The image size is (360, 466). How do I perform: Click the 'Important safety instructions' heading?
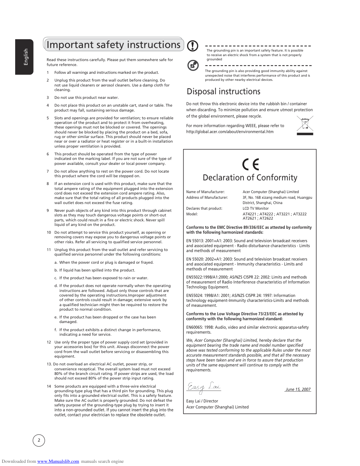point(113,45)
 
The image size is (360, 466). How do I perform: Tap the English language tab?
point(25,57)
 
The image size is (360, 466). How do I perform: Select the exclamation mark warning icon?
point(192,46)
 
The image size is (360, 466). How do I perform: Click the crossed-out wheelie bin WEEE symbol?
point(305,126)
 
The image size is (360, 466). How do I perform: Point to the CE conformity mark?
point(251,165)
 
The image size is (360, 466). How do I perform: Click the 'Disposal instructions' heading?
point(223,92)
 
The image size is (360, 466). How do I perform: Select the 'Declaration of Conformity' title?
point(250,178)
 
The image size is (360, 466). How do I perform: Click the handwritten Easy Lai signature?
point(204,387)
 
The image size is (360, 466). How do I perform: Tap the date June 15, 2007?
point(298,389)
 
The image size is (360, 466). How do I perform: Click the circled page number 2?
point(39,440)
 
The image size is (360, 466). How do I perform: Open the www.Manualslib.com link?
point(58,461)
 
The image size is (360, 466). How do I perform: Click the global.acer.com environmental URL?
point(230,132)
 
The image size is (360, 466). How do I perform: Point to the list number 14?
point(49,386)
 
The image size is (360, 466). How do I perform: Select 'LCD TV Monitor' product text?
point(256,208)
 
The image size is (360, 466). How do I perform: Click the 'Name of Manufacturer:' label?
point(205,192)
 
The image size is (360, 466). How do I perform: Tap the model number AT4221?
point(249,214)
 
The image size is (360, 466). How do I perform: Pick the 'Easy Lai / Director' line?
point(202,401)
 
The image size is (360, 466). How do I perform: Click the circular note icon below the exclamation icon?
point(193,65)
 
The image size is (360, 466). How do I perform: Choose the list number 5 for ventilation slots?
point(48,118)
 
